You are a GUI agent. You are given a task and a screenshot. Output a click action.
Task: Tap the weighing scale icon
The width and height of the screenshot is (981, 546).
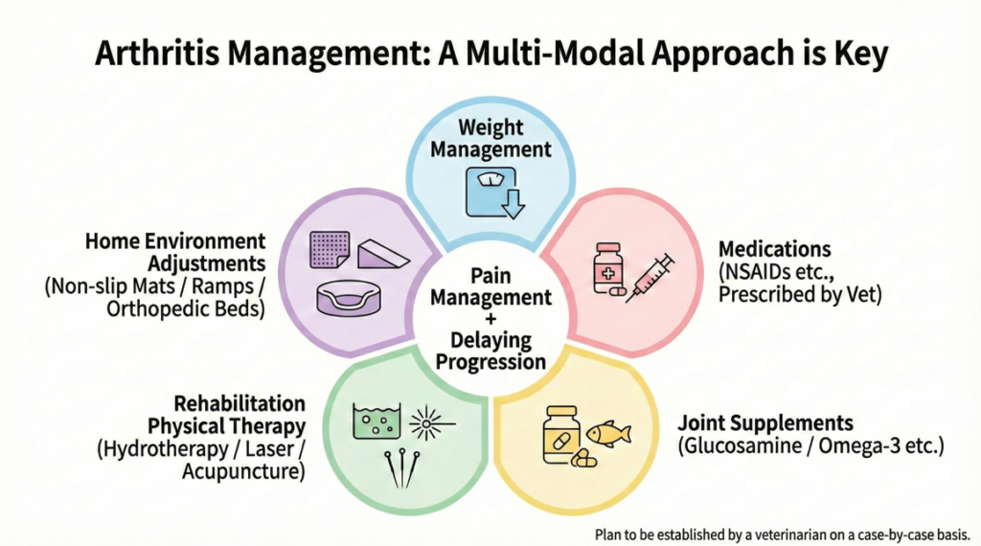click(x=490, y=191)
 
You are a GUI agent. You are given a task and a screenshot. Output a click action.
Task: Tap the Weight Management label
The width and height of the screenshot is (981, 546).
click(x=490, y=138)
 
